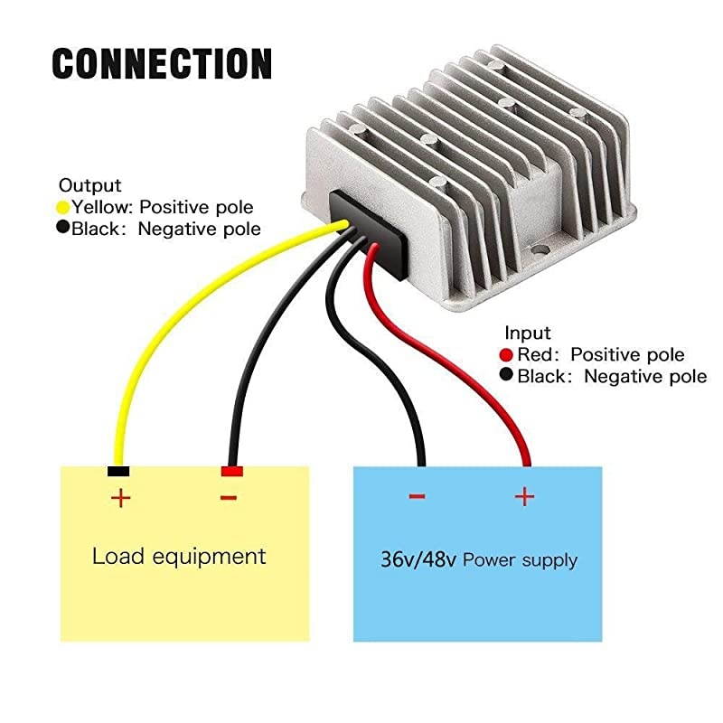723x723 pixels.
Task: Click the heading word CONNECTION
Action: pyautogui.click(x=162, y=64)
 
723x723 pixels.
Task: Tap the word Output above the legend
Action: pyautogui.click(x=89, y=185)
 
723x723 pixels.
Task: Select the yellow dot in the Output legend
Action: pyautogui.click(x=63, y=207)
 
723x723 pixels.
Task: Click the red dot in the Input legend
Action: pyautogui.click(x=506, y=354)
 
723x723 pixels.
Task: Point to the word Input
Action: pyautogui.click(x=528, y=333)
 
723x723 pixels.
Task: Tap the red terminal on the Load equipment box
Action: pyautogui.click(x=231, y=472)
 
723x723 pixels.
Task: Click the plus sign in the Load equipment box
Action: pyautogui.click(x=120, y=497)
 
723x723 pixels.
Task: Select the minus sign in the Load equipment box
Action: pyautogui.click(x=229, y=497)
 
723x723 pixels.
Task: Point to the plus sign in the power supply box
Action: pyautogui.click(x=524, y=496)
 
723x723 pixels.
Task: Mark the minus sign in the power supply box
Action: pyautogui.click(x=417, y=496)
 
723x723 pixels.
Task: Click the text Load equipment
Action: pyautogui.click(x=179, y=555)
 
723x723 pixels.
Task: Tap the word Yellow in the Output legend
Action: pyautogui.click(x=101, y=207)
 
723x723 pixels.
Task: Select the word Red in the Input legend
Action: pyautogui.click(x=531, y=354)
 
